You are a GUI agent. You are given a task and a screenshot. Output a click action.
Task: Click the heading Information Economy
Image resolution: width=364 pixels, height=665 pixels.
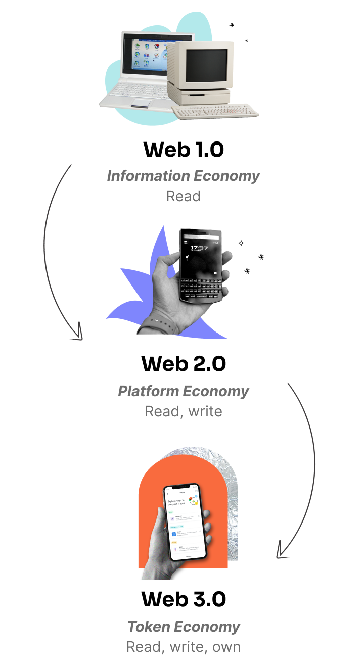(x=183, y=176)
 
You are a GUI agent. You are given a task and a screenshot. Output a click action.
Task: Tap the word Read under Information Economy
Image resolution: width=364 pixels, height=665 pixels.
(x=183, y=196)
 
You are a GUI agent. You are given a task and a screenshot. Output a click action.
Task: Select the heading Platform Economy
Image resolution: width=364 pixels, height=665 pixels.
(x=183, y=391)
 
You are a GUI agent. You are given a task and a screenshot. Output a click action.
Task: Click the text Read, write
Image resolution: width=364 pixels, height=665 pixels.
(x=183, y=411)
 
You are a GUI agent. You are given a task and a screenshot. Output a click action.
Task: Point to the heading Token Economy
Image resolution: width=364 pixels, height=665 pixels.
(x=183, y=627)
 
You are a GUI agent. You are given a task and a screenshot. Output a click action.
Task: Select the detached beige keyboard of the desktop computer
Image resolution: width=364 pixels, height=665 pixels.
(x=215, y=111)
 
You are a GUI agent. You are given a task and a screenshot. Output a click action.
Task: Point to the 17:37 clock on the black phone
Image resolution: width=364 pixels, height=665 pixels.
(x=200, y=248)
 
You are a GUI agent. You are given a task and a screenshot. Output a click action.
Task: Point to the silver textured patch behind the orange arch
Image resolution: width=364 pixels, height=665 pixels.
(x=230, y=505)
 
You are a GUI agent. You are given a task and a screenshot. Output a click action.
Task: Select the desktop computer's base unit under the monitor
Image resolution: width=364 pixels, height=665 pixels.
(x=199, y=94)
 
